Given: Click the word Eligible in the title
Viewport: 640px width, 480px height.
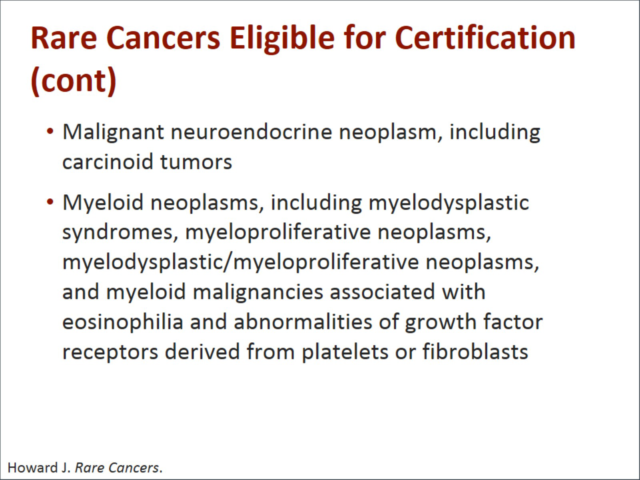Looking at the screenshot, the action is click(x=282, y=39).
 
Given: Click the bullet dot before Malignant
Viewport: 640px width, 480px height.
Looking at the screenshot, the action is click(x=50, y=131).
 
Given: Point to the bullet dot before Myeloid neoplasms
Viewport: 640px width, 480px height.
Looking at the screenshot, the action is click(x=50, y=202).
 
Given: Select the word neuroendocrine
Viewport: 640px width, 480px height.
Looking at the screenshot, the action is click(x=251, y=132).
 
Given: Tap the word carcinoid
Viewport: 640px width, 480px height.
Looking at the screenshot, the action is click(x=108, y=162).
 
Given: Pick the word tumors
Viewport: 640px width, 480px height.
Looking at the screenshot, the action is click(x=196, y=162).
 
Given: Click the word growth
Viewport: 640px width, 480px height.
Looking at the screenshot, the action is click(x=441, y=323).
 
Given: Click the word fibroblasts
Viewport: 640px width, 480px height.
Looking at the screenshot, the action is click(x=476, y=351).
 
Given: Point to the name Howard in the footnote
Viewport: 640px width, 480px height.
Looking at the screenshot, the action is click(x=33, y=468).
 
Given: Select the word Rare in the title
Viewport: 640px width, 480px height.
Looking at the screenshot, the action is click(x=64, y=38).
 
